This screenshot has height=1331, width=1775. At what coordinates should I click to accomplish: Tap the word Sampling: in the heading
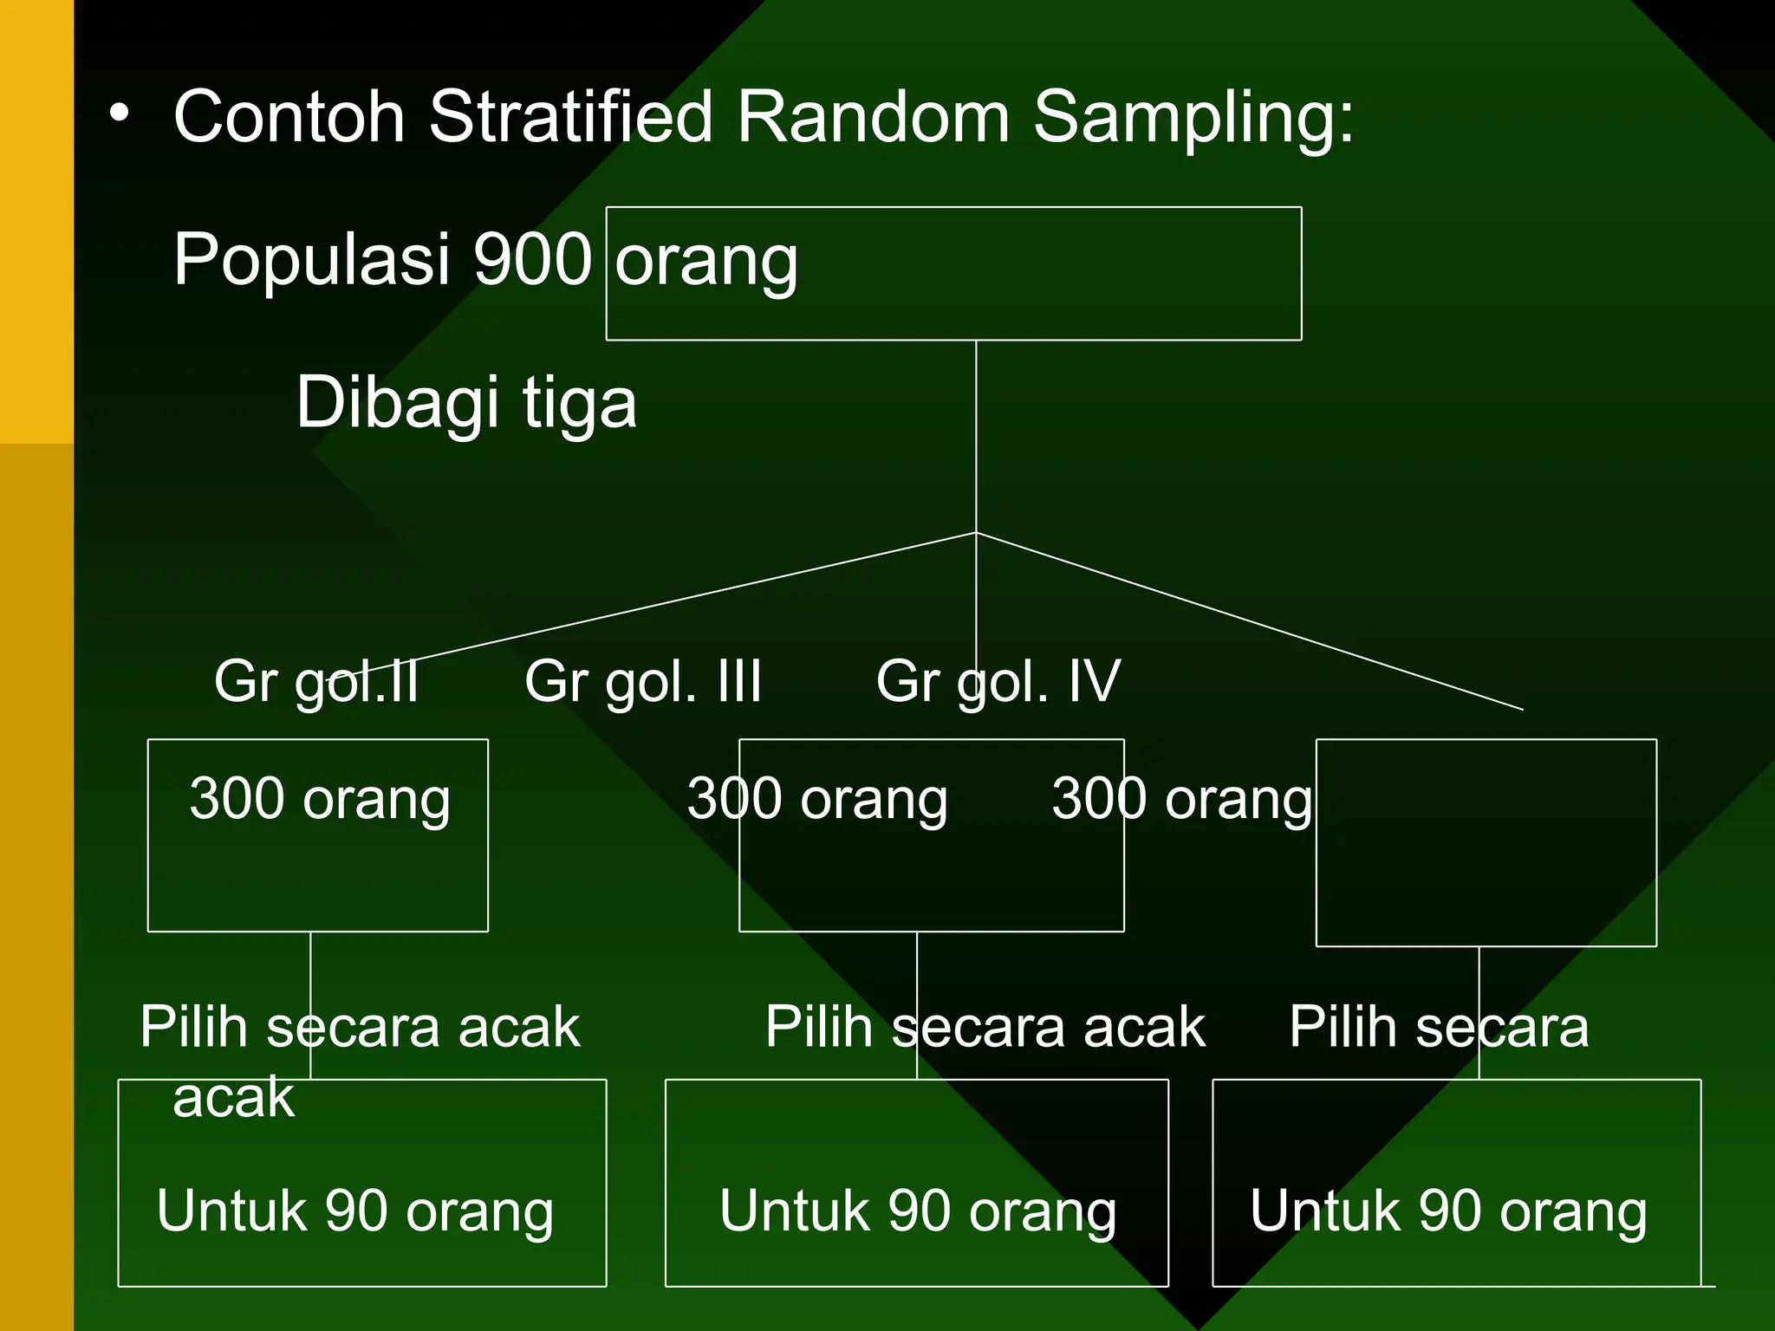pyautogui.click(x=1193, y=118)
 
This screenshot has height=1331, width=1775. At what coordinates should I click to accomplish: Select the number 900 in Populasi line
pyautogui.click(x=532, y=259)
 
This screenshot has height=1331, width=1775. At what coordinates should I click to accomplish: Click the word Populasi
pyautogui.click(x=311, y=259)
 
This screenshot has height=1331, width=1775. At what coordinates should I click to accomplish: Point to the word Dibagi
pyautogui.click(x=398, y=403)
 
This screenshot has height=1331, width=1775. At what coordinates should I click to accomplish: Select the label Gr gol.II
pyautogui.click(x=316, y=682)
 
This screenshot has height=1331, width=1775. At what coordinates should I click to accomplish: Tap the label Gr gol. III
pyautogui.click(x=643, y=682)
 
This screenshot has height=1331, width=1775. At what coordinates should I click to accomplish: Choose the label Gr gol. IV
pyautogui.click(x=998, y=682)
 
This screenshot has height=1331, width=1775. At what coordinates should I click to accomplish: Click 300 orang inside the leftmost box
pyautogui.click(x=320, y=799)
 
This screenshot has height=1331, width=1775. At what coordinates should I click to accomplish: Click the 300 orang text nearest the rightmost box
pyautogui.click(x=1182, y=799)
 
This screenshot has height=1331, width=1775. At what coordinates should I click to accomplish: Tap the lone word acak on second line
pyautogui.click(x=234, y=1097)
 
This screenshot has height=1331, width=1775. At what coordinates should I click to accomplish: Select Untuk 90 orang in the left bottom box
pyautogui.click(x=355, y=1211)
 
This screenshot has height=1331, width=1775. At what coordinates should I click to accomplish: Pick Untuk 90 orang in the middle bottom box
pyautogui.click(x=918, y=1211)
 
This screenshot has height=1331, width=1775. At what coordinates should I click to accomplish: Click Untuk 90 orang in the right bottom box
pyautogui.click(x=1448, y=1211)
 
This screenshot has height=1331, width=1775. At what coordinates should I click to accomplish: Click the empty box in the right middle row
pyautogui.click(x=1486, y=875)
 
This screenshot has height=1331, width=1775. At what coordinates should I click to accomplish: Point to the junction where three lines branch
pyautogui.click(x=976, y=532)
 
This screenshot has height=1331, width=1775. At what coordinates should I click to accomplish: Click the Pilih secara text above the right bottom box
pyautogui.click(x=1439, y=1028)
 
